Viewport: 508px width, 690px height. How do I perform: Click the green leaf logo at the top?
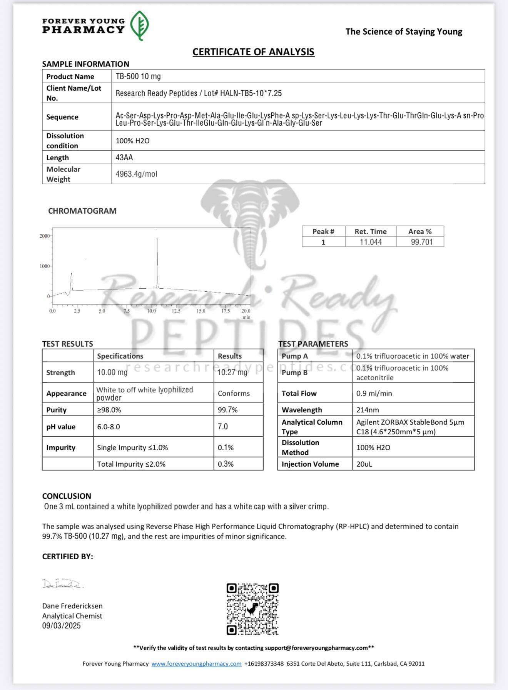point(139,25)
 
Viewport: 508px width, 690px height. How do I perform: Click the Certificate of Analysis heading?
point(253,52)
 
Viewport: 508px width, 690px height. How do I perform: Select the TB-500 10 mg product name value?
point(138,76)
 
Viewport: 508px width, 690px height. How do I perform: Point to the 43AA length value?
point(124,157)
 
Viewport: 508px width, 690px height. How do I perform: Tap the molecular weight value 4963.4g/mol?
point(136,174)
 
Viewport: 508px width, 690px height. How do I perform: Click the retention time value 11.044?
point(371,242)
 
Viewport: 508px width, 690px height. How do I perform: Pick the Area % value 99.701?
point(422,242)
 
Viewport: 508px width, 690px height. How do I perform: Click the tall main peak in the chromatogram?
point(157,261)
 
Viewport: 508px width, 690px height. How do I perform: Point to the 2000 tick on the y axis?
point(45,236)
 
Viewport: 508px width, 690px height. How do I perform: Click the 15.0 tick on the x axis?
point(201,311)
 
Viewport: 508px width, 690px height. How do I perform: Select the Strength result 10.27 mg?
point(232,372)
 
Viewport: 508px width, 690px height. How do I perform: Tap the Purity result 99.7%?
point(227,410)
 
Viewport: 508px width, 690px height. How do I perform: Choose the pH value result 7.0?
point(223,426)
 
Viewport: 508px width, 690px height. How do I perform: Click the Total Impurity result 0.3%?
point(226,464)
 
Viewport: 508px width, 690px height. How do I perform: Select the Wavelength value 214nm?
point(368,410)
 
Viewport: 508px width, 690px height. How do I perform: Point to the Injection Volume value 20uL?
point(364,464)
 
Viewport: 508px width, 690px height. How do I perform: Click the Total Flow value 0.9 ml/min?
point(374,393)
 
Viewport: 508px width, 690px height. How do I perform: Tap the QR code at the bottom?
point(252,609)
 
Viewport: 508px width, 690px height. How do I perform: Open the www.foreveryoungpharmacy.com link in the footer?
point(196,663)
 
